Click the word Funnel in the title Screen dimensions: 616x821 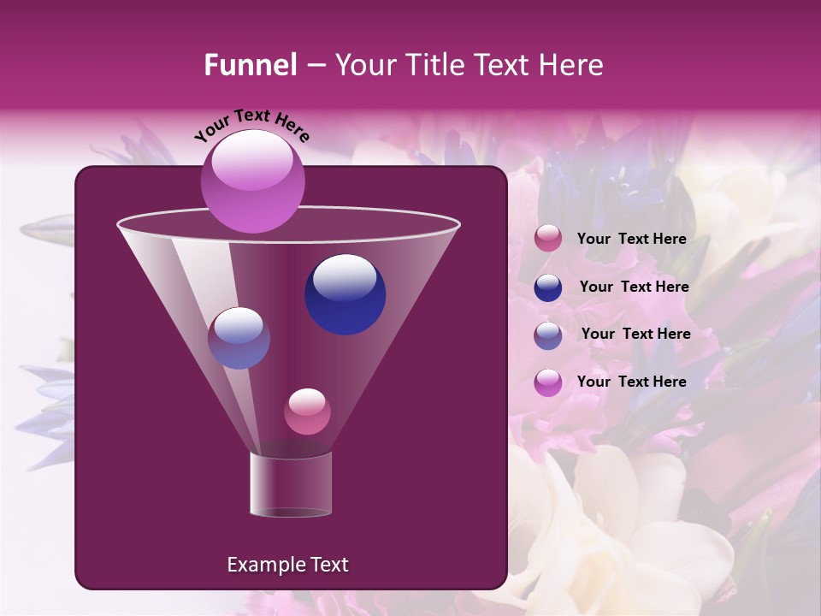click(x=250, y=65)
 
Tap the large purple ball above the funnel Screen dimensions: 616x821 click(x=253, y=181)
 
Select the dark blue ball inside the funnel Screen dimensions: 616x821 click(x=345, y=293)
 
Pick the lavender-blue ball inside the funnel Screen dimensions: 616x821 click(x=239, y=338)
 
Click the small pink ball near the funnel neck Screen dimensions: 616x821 click(x=307, y=412)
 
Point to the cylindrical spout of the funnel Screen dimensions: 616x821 click(x=291, y=484)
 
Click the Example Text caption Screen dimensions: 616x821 click(x=287, y=565)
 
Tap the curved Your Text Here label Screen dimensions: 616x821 click(x=252, y=126)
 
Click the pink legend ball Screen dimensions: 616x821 click(x=548, y=239)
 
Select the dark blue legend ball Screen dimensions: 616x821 click(x=548, y=287)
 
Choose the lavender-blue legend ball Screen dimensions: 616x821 click(x=548, y=335)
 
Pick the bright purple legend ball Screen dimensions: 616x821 click(x=548, y=382)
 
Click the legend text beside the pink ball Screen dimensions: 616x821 click(x=631, y=240)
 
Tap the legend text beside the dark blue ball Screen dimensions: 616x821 click(x=634, y=287)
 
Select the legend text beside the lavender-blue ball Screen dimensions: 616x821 click(x=635, y=335)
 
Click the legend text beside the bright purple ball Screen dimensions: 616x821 click(x=631, y=382)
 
